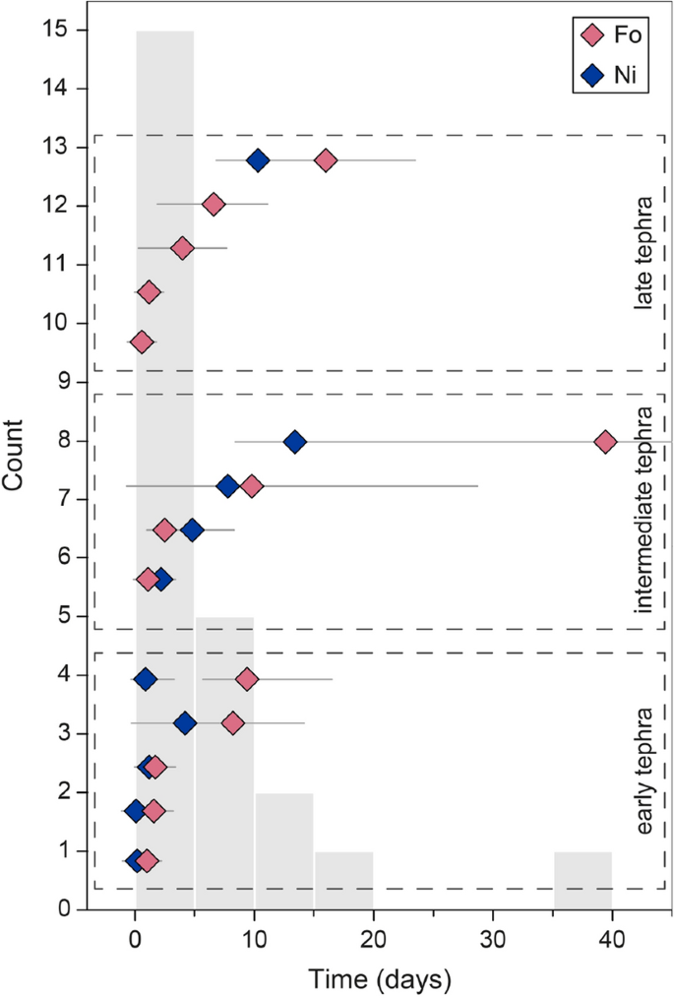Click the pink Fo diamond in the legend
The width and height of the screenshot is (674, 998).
click(x=592, y=36)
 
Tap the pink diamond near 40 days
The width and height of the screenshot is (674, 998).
click(x=605, y=442)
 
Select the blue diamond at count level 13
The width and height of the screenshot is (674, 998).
click(x=258, y=160)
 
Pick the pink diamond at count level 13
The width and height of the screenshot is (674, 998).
click(x=326, y=160)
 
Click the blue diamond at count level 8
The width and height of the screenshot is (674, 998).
click(x=294, y=442)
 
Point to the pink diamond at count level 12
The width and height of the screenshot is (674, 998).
click(x=213, y=205)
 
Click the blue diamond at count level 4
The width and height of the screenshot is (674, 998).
click(x=146, y=679)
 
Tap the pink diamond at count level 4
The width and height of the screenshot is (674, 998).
click(x=247, y=679)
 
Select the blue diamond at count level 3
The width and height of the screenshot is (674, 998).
click(x=184, y=723)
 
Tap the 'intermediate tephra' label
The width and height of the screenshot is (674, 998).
click(x=644, y=510)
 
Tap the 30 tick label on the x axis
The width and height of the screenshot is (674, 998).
click(x=493, y=936)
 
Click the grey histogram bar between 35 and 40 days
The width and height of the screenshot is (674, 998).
click(x=582, y=880)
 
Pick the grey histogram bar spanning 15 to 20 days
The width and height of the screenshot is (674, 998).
click(x=343, y=880)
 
